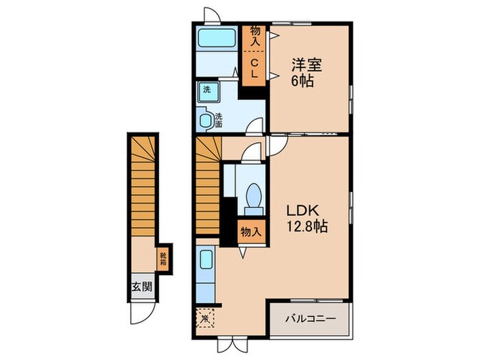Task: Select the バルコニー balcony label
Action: pyautogui.click(x=310, y=319)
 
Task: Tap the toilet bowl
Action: pyautogui.click(x=252, y=196)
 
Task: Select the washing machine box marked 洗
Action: pyautogui.click(x=206, y=90)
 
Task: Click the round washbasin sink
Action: pyautogui.click(x=206, y=119)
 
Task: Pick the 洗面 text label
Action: pyautogui.click(x=219, y=120)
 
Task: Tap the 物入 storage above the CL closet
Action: pyautogui.click(x=254, y=36)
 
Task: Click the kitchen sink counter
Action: pyautogui.click(x=206, y=275)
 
